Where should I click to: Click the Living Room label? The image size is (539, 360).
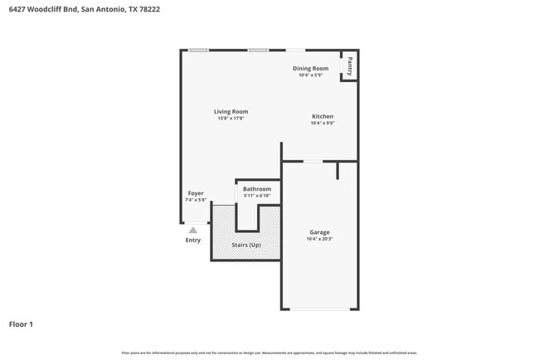(x=231, y=111)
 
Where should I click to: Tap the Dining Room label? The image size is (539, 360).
(x=311, y=68)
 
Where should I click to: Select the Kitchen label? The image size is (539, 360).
(x=323, y=116)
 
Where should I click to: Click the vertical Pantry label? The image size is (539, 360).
(x=350, y=65)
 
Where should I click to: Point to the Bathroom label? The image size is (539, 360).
(x=256, y=189)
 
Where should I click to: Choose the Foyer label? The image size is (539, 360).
(x=195, y=193)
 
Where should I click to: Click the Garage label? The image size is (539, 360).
(x=320, y=232)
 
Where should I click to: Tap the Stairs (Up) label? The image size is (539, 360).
(x=245, y=246)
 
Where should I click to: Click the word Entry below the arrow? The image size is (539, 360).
(x=192, y=241)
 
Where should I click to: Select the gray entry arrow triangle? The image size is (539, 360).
(x=193, y=230)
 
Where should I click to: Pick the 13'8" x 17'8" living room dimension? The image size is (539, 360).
(x=231, y=119)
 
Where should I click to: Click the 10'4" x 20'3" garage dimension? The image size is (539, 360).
(x=320, y=240)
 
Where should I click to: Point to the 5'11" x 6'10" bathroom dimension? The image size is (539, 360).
(x=256, y=196)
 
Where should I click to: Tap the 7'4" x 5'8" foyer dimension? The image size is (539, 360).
(x=195, y=200)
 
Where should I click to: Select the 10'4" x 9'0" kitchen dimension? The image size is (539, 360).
(x=323, y=124)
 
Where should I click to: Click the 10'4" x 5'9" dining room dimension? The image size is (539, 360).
(x=311, y=75)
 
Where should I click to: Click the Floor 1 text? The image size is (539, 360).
(x=21, y=324)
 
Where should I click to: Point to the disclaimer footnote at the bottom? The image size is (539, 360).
(x=269, y=353)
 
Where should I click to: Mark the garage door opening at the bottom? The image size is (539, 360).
(x=319, y=309)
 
